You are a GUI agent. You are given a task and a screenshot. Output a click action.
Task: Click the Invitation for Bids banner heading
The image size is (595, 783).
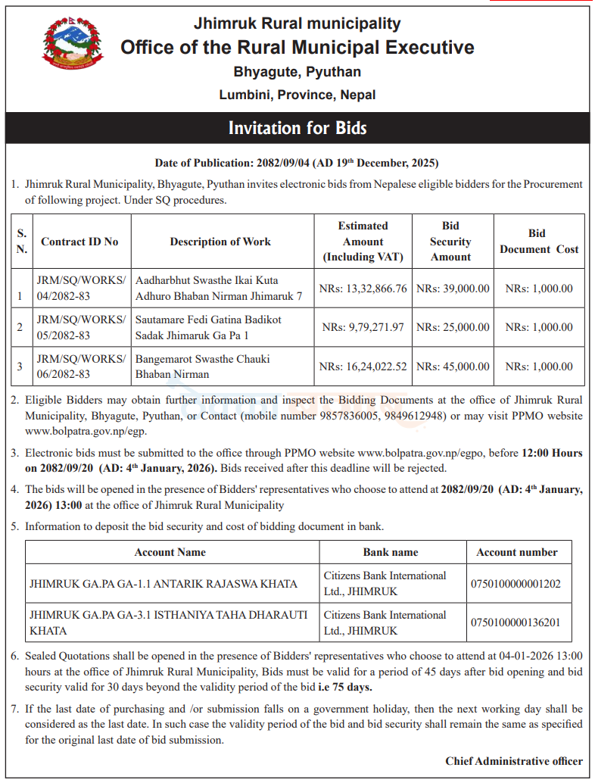pyautogui.click(x=297, y=128)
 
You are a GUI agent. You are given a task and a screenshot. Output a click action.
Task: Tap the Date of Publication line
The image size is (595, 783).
pyautogui.click(x=297, y=163)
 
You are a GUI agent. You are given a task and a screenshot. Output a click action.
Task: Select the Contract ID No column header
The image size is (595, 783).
pyautogui.click(x=79, y=242)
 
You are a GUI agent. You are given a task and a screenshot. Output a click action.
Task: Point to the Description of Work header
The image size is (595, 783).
pyautogui.click(x=220, y=242)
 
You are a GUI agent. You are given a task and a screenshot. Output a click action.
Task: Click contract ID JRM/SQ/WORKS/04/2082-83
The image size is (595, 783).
pyautogui.click(x=81, y=288)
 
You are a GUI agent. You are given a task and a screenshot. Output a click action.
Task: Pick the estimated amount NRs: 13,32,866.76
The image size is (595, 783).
pyautogui.click(x=363, y=289)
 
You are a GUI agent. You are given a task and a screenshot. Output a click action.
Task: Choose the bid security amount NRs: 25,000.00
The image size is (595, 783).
pyautogui.click(x=453, y=327)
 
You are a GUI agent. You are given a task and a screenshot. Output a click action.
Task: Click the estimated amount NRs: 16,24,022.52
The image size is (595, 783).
pyautogui.click(x=363, y=367)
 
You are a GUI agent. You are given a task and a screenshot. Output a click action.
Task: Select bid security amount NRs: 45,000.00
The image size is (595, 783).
pyautogui.click(x=453, y=367)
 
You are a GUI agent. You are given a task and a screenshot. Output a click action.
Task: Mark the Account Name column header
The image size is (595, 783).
pyautogui.click(x=170, y=552)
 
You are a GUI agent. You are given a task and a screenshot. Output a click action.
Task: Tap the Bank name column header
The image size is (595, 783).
pyautogui.click(x=391, y=552)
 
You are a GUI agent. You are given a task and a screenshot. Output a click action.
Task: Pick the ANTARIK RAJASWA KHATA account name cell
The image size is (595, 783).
pyautogui.click(x=164, y=584)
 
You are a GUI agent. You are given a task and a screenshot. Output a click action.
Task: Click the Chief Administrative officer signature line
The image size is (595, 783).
pyautogui.click(x=513, y=761)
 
